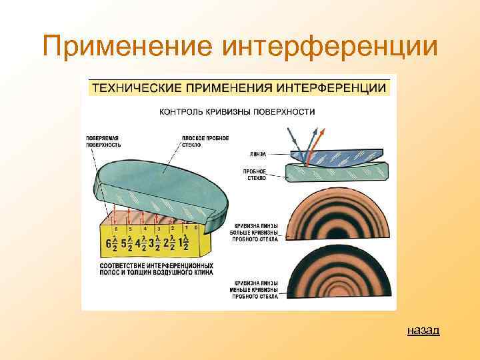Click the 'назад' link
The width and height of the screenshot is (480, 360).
[423, 331]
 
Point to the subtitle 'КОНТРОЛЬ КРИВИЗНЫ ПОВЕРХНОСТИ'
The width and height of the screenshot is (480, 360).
[237, 111]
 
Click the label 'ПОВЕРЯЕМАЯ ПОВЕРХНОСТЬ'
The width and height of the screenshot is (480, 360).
[102, 141]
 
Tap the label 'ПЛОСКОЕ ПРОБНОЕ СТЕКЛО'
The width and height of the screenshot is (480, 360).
[205, 141]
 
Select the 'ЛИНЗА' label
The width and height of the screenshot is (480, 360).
[257, 153]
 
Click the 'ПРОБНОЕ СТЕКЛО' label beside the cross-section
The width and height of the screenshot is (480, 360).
[255, 175]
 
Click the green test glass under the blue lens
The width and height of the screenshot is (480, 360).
[337, 173]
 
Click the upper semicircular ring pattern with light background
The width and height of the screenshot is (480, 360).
[337, 217]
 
